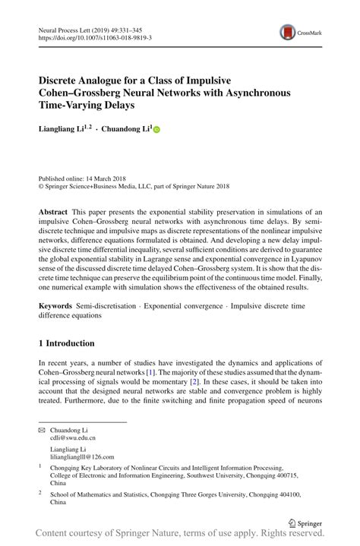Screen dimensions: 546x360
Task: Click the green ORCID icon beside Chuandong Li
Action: [157, 131]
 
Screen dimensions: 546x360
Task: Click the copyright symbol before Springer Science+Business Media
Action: [42, 184]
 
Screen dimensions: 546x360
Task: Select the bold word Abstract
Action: [55, 210]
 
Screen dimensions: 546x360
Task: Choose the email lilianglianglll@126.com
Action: [81, 456]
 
